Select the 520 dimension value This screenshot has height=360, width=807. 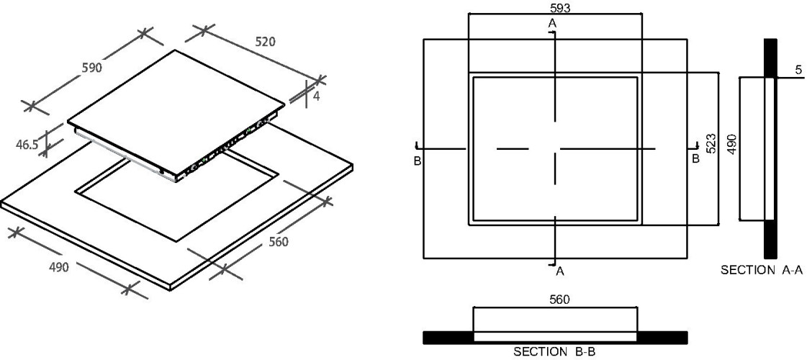[x=265, y=42]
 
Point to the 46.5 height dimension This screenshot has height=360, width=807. [x=27, y=145]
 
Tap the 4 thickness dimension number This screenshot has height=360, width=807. [x=316, y=96]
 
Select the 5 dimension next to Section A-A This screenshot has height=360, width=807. [x=798, y=71]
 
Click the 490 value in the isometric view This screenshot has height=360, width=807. [x=59, y=267]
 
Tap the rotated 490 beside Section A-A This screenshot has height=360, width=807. [x=731, y=144]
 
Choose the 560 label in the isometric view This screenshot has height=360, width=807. [x=279, y=241]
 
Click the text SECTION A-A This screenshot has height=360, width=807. [x=762, y=270]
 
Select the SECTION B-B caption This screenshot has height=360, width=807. [x=555, y=352]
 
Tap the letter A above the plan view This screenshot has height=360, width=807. [x=552, y=23]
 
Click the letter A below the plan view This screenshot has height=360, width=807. [x=561, y=271]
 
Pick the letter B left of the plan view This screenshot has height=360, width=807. [x=418, y=161]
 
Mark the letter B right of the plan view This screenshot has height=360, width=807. [x=695, y=158]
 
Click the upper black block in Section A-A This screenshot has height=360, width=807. [x=770, y=58]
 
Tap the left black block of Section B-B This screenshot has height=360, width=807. [x=448, y=338]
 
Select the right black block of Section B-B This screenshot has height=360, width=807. [x=662, y=338]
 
